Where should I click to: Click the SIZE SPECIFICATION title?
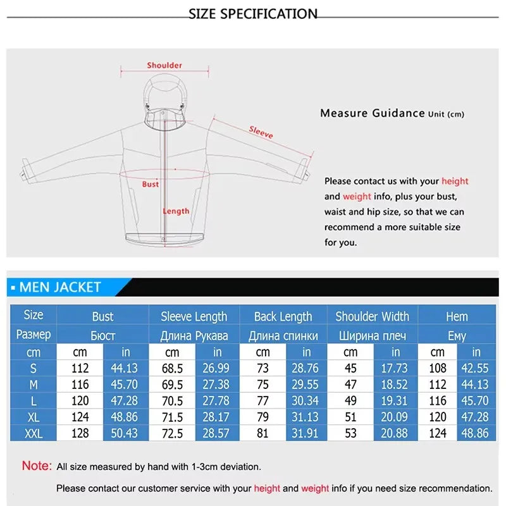(x=253, y=13)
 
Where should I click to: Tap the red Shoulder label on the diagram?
(x=164, y=65)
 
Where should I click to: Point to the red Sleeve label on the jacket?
(x=261, y=132)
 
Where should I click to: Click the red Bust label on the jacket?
(x=151, y=184)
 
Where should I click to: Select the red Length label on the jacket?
(x=176, y=211)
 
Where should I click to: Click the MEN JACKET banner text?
(x=60, y=287)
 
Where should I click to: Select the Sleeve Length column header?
(x=194, y=316)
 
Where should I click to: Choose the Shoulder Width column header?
(x=372, y=316)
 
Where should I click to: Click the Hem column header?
(x=457, y=316)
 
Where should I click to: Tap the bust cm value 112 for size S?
(x=80, y=368)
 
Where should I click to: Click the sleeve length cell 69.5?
(x=172, y=385)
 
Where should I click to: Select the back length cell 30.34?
(x=306, y=401)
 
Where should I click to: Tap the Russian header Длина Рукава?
(x=194, y=335)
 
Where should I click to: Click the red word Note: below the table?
(x=37, y=466)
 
